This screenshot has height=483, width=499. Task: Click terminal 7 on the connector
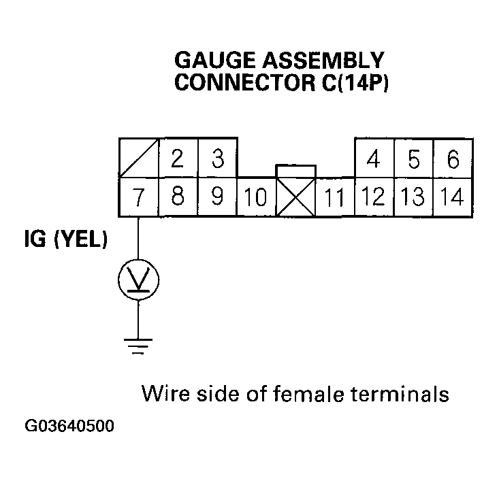tap(138, 197)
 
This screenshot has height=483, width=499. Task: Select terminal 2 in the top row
tap(178, 159)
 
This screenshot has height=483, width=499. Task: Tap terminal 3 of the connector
tap(217, 159)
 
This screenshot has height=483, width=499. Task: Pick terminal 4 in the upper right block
tap(373, 159)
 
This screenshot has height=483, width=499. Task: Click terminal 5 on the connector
tap(413, 159)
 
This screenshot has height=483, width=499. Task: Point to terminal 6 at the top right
tap(453, 159)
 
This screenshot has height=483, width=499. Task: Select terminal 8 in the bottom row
tap(178, 197)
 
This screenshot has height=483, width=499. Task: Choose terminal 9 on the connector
tap(217, 197)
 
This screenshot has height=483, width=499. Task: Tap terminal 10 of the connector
tap(256, 198)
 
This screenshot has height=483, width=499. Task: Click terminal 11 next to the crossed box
tap(334, 198)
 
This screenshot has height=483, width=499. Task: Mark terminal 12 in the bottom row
tap(373, 197)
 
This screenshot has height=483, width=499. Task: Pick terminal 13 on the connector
tap(413, 197)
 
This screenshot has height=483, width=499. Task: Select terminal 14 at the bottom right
tap(453, 197)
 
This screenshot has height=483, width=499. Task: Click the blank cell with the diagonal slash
tap(138, 159)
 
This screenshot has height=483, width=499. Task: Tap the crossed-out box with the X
tap(295, 198)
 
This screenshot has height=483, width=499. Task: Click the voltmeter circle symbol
tap(138, 278)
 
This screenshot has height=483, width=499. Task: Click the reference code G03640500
tap(69, 427)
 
